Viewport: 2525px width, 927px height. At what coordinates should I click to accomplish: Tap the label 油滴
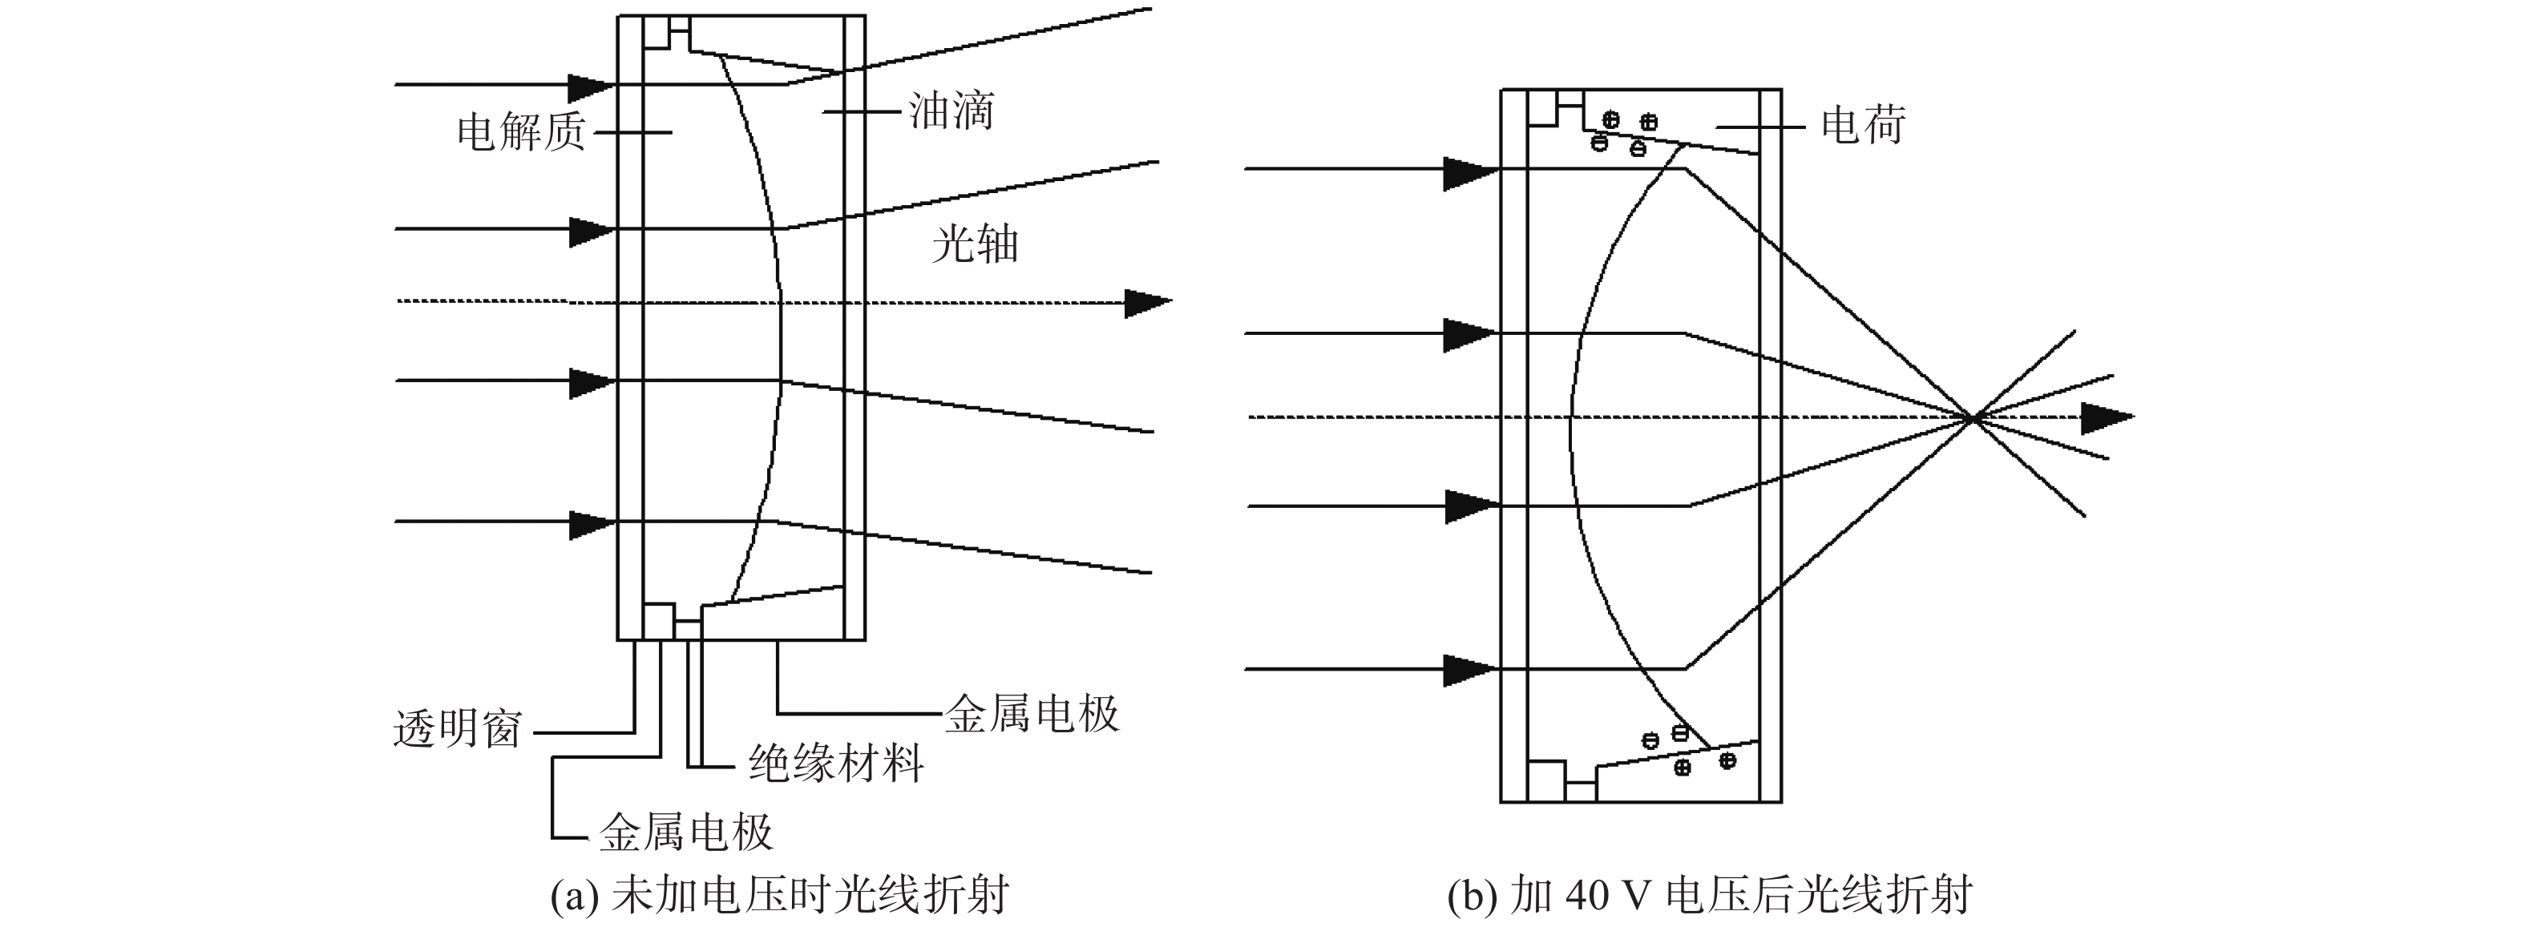(951, 111)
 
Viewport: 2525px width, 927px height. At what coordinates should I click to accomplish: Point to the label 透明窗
(458, 729)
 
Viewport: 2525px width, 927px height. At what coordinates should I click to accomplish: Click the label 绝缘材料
(836, 763)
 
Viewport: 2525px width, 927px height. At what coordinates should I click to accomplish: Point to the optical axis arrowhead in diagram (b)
(2107, 418)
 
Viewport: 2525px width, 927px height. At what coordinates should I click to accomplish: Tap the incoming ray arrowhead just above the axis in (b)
(1470, 335)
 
